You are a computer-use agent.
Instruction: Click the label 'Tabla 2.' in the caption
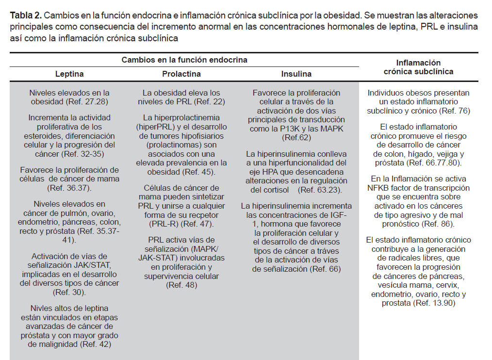pyautogui.click(x=24, y=16)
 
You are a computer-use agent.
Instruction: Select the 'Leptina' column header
pyautogui.click(x=69, y=74)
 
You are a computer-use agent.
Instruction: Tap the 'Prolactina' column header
pyautogui.click(x=181, y=74)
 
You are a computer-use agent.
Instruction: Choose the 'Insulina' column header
pyautogui.click(x=296, y=74)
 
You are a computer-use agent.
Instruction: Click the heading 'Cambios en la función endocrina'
pyautogui.click(x=184, y=60)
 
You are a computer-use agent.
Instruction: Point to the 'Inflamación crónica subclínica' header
pyautogui.click(x=418, y=67)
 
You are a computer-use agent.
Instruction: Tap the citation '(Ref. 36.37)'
pyautogui.click(x=69, y=187)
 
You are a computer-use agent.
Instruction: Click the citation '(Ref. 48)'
pyautogui.click(x=181, y=285)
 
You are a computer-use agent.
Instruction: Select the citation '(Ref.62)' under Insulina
pyautogui.click(x=296, y=137)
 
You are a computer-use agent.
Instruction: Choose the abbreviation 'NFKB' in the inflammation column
pyautogui.click(x=378, y=188)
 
